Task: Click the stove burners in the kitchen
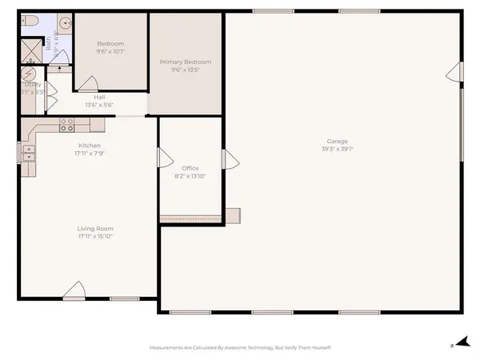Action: coord(67,125)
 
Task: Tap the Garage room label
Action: coord(337,142)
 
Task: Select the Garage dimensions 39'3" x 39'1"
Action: coord(337,150)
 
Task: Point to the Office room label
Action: coord(190,168)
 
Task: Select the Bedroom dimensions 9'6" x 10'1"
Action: coord(110,51)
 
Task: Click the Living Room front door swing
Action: coord(75,291)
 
